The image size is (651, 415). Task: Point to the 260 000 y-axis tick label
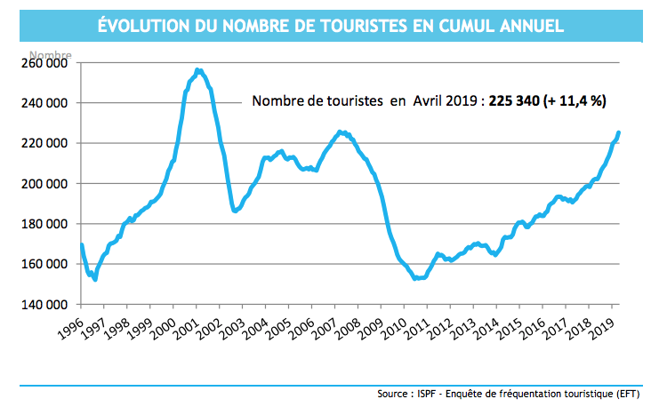click(x=42, y=63)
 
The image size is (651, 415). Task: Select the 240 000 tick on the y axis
click(x=42, y=103)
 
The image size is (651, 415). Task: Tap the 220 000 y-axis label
click(x=42, y=143)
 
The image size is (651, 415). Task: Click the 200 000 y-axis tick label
click(x=42, y=184)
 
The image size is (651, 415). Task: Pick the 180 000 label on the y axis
click(x=42, y=224)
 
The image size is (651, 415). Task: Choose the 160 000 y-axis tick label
click(x=42, y=264)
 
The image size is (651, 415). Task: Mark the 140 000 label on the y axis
click(x=42, y=305)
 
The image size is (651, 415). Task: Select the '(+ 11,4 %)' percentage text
click(x=581, y=101)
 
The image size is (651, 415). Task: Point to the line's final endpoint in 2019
click(x=619, y=132)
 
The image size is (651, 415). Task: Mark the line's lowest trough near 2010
click(x=418, y=278)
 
